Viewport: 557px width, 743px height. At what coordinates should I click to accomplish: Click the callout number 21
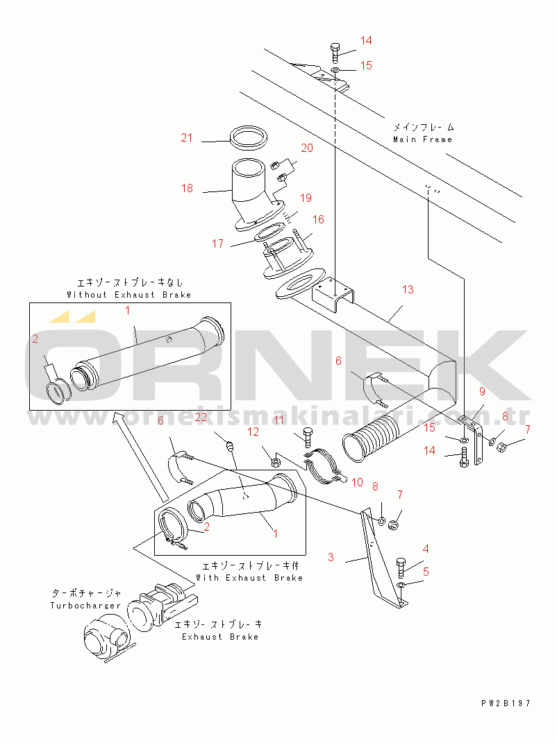[186, 137]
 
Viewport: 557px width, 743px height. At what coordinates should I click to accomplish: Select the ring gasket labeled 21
[249, 137]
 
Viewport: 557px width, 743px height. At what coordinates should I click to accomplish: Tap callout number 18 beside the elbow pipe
[186, 188]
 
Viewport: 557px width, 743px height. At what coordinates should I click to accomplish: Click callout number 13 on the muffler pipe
[408, 289]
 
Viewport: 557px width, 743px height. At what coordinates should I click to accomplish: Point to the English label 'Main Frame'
[422, 139]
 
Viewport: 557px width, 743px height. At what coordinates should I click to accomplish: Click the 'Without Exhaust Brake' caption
[128, 294]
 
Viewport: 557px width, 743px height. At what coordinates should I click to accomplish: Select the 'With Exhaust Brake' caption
[249, 577]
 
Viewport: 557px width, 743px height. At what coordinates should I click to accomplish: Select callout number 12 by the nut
[253, 432]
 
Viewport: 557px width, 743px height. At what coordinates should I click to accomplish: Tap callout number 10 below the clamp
[358, 481]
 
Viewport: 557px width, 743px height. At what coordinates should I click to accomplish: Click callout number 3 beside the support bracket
[331, 556]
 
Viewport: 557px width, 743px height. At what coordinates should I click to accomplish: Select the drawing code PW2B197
[506, 703]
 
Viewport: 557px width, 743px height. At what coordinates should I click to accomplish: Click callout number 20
[306, 148]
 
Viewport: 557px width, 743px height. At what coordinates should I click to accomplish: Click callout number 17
[218, 244]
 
